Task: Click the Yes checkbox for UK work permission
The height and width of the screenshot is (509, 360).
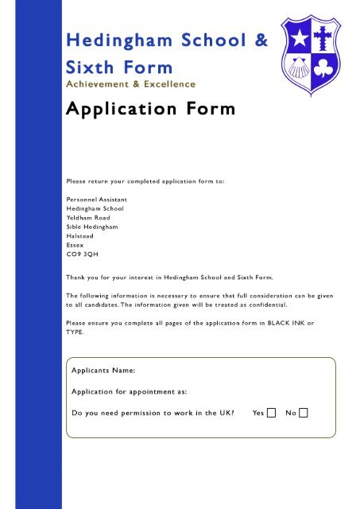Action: pyautogui.click(x=271, y=413)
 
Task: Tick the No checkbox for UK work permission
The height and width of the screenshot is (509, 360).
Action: pyautogui.click(x=303, y=413)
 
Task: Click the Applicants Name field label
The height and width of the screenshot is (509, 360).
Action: pyautogui.click(x=103, y=371)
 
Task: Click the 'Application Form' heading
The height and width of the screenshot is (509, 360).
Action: pyautogui.click(x=150, y=109)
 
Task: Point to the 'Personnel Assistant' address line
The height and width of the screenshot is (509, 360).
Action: pyautogui.click(x=96, y=199)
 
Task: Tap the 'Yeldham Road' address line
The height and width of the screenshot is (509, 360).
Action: pyautogui.click(x=88, y=217)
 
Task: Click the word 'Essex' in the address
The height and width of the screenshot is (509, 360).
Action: pyautogui.click(x=75, y=246)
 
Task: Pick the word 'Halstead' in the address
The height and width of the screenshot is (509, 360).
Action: pyautogui.click(x=79, y=236)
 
